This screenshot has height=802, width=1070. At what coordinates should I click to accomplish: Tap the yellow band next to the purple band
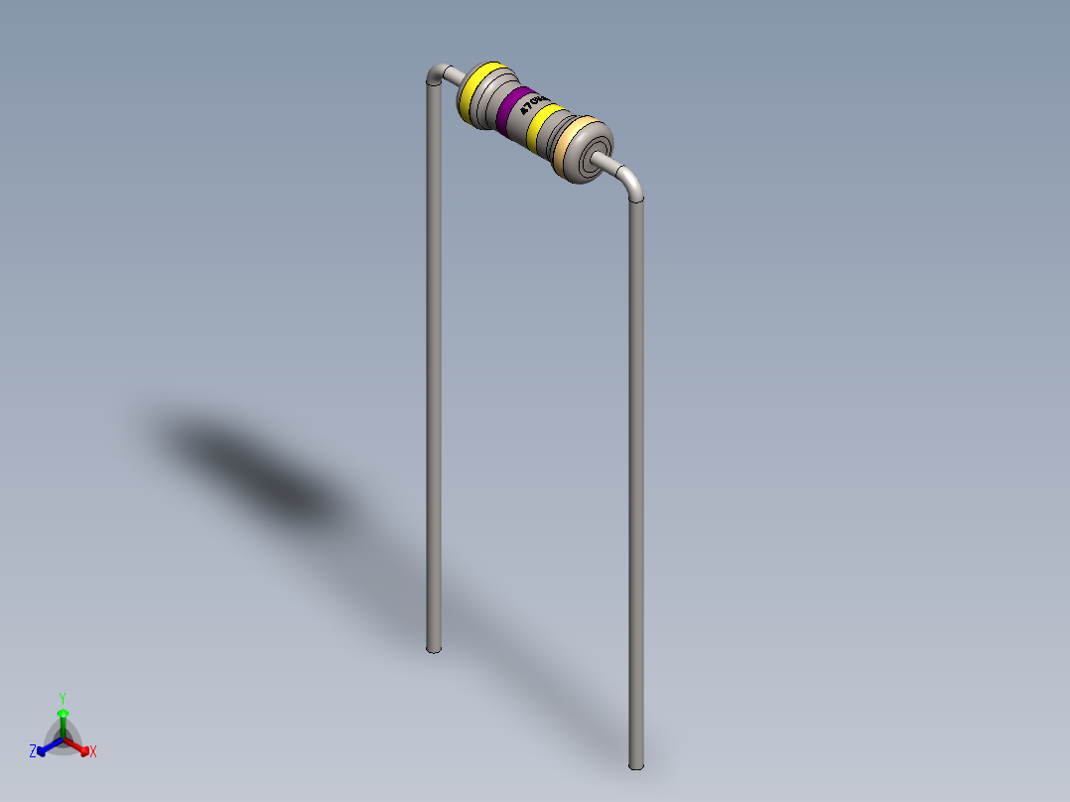click(x=545, y=125)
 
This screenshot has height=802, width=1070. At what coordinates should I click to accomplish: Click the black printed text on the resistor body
click(x=533, y=104)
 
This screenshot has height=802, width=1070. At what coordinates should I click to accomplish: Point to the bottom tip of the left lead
click(x=434, y=649)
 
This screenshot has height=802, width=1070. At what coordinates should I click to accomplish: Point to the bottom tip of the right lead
click(x=636, y=764)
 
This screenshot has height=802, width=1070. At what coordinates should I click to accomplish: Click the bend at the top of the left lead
click(x=436, y=73)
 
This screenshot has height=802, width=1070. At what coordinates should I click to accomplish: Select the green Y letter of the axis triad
click(x=62, y=697)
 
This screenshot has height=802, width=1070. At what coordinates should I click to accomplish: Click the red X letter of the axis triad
click(x=93, y=752)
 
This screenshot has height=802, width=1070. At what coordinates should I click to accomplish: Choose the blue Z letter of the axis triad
click(x=33, y=751)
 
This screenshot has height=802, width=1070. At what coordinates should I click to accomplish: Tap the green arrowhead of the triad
click(x=63, y=713)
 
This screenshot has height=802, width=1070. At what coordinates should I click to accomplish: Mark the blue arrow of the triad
click(x=47, y=746)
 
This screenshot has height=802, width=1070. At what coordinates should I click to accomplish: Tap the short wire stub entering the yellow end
click(x=453, y=72)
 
